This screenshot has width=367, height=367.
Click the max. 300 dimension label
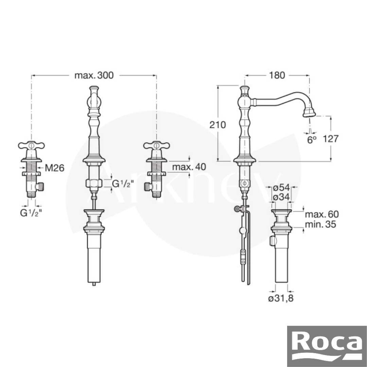click(94, 75)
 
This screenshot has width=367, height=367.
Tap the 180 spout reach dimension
click(277, 75)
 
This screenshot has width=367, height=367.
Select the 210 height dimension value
click(217, 125)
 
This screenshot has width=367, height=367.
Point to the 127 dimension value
click(331, 139)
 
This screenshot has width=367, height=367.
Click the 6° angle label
click(312, 140)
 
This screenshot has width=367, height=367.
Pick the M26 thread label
click(54, 168)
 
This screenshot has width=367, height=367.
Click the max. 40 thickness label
click(189, 167)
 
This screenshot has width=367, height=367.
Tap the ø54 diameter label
click(281, 187)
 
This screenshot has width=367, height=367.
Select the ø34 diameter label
click(281, 197)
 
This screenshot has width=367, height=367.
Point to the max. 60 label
click(322, 214)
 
